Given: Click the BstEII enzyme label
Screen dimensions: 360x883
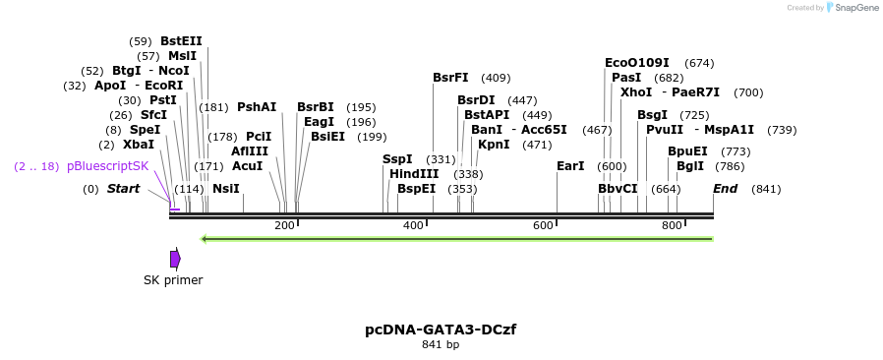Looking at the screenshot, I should [x=181, y=40].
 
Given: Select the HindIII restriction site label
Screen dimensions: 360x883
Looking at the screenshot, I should [x=414, y=173].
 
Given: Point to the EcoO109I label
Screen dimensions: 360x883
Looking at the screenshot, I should [x=636, y=62].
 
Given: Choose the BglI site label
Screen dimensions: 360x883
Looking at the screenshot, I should [x=690, y=165].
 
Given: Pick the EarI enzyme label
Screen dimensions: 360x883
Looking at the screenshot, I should [x=570, y=165].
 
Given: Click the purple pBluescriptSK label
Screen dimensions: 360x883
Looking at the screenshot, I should [x=108, y=166].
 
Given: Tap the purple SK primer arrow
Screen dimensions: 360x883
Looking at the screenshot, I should [x=175, y=259].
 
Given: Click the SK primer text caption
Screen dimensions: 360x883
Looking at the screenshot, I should [x=173, y=279].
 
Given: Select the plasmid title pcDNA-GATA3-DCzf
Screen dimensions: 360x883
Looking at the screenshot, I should [x=441, y=329].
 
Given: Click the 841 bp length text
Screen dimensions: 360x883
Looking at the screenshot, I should [x=441, y=344].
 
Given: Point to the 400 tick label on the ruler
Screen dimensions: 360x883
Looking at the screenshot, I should [x=414, y=225].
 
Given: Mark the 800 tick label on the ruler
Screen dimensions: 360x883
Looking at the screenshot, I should [x=672, y=225].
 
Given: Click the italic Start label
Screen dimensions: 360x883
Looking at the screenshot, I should [x=124, y=188].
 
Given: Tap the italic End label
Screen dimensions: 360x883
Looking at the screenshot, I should [x=726, y=188].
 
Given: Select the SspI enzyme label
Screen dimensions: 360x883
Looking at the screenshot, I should [x=397, y=158].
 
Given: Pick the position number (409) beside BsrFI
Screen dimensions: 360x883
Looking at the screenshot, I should [x=496, y=78].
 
